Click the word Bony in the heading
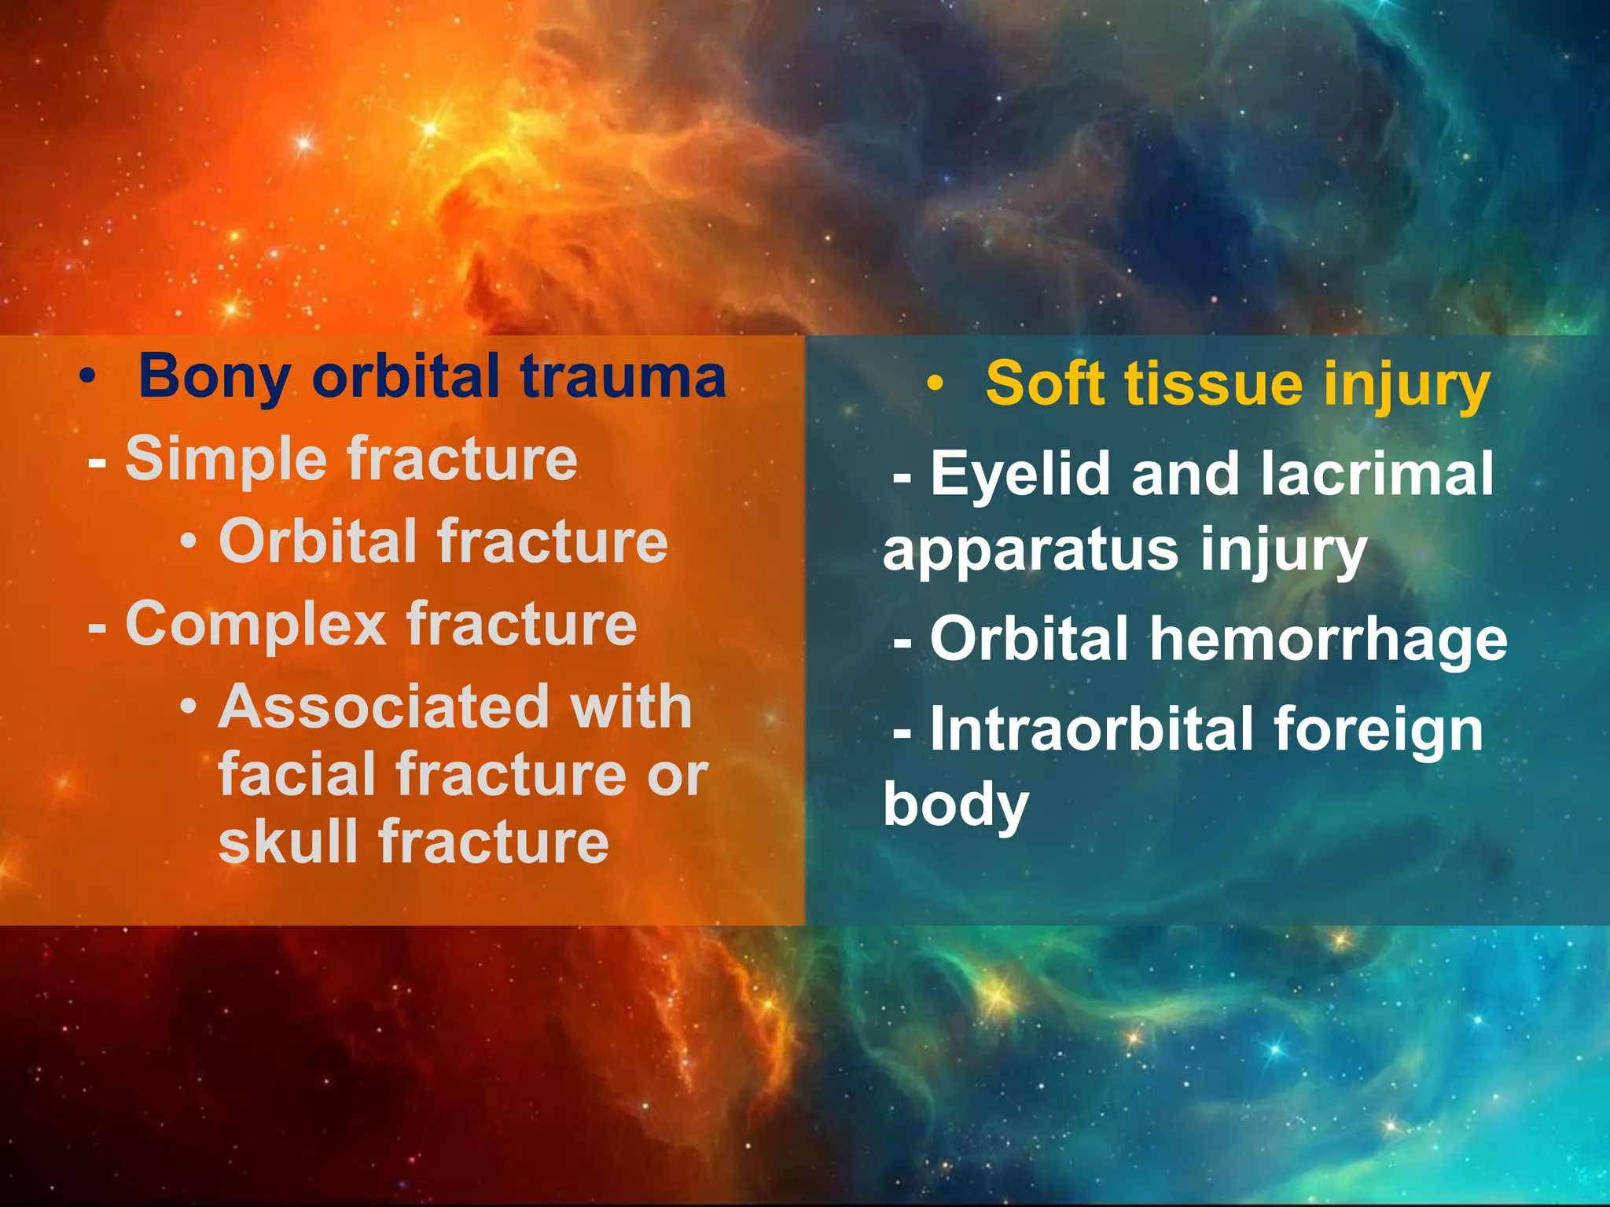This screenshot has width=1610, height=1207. click(x=214, y=378)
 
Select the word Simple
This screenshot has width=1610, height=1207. click(x=226, y=460)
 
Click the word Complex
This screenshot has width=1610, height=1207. click(x=255, y=625)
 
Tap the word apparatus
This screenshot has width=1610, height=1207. click(x=1030, y=551)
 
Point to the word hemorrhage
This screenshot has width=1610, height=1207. click(x=1329, y=639)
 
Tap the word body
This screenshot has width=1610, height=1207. click(x=955, y=805)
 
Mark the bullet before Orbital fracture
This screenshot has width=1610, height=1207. click(x=188, y=541)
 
